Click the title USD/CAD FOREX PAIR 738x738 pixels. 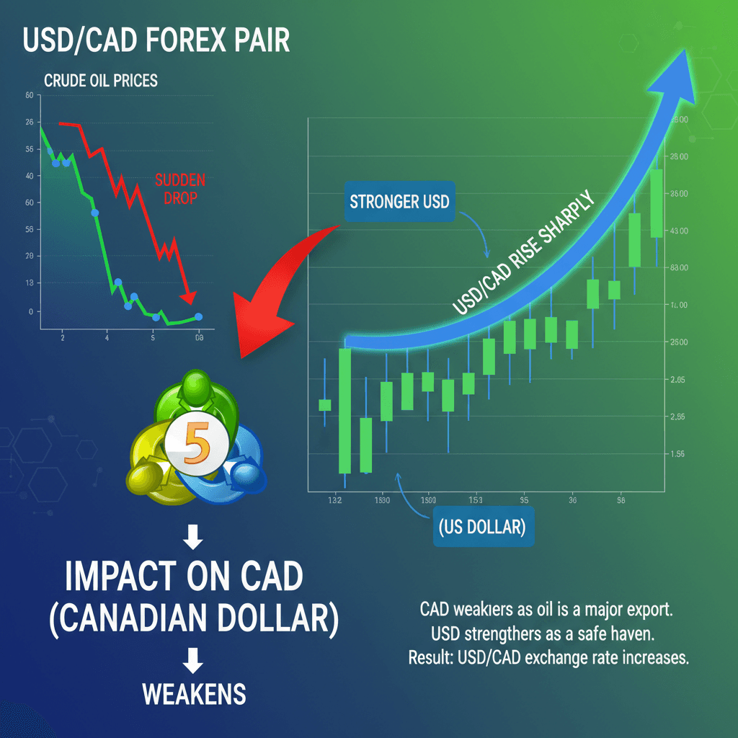click(156, 40)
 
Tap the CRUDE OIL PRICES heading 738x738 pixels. click(101, 81)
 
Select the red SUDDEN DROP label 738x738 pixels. click(180, 189)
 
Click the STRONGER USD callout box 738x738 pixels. click(399, 201)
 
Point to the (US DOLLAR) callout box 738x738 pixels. click(481, 527)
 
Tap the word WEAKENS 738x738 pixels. click(194, 695)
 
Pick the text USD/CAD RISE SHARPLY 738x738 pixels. click(523, 254)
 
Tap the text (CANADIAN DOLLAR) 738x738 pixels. click(194, 618)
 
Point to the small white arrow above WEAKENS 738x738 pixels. click(194, 662)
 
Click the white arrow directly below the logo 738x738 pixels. click(194, 538)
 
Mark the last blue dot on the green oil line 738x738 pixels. click(199, 316)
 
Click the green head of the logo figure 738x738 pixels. click(195, 389)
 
